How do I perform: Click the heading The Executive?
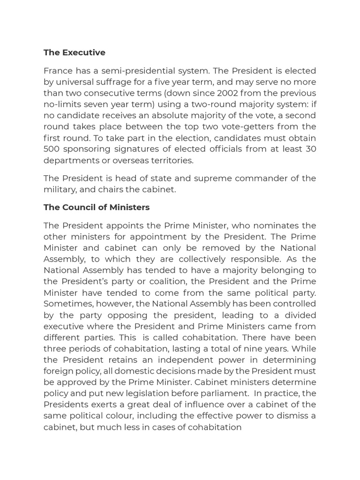(74, 52)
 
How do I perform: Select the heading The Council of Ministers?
(97, 207)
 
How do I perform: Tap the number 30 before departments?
(310, 149)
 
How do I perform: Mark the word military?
(59, 189)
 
